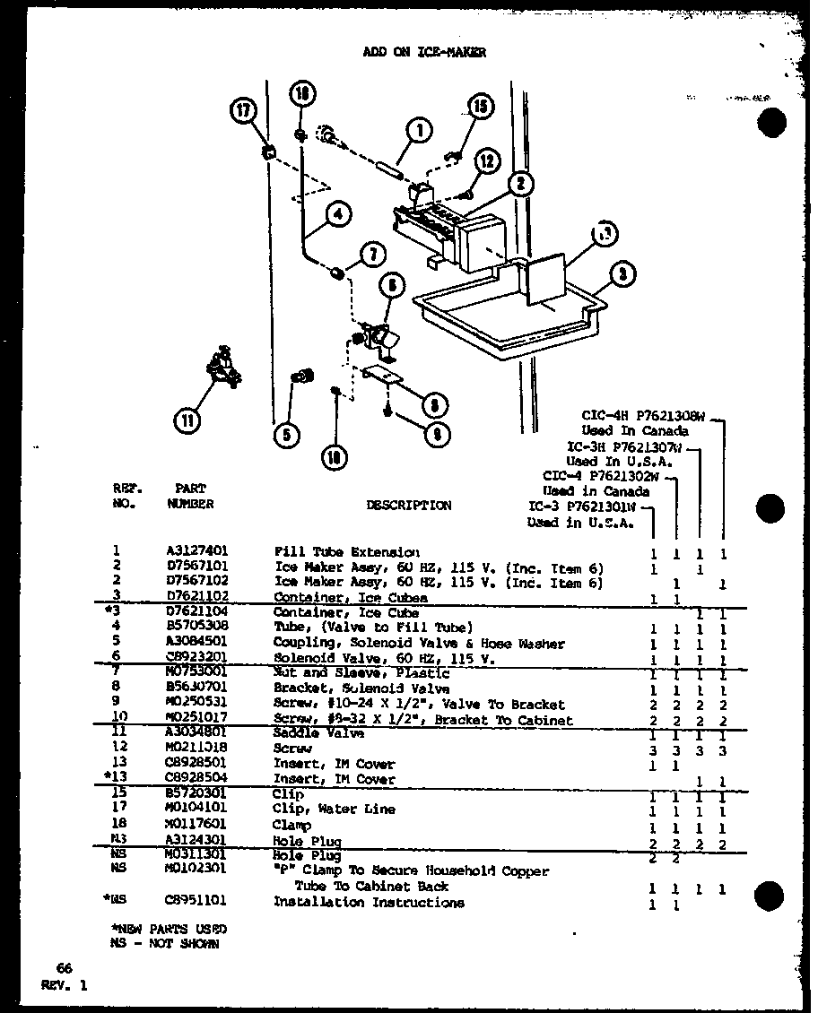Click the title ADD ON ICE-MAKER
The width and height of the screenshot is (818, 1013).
tap(424, 52)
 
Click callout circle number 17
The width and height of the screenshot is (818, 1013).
tap(243, 112)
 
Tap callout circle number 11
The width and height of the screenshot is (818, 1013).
tap(187, 419)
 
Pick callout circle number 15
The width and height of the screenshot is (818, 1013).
tap(480, 107)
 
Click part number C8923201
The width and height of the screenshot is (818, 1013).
tap(190, 658)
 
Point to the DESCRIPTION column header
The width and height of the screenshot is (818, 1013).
tap(409, 506)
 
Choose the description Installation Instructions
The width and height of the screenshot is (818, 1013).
tap(369, 903)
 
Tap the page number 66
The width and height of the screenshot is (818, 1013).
tap(63, 968)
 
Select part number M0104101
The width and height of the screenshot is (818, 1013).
tap(190, 810)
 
